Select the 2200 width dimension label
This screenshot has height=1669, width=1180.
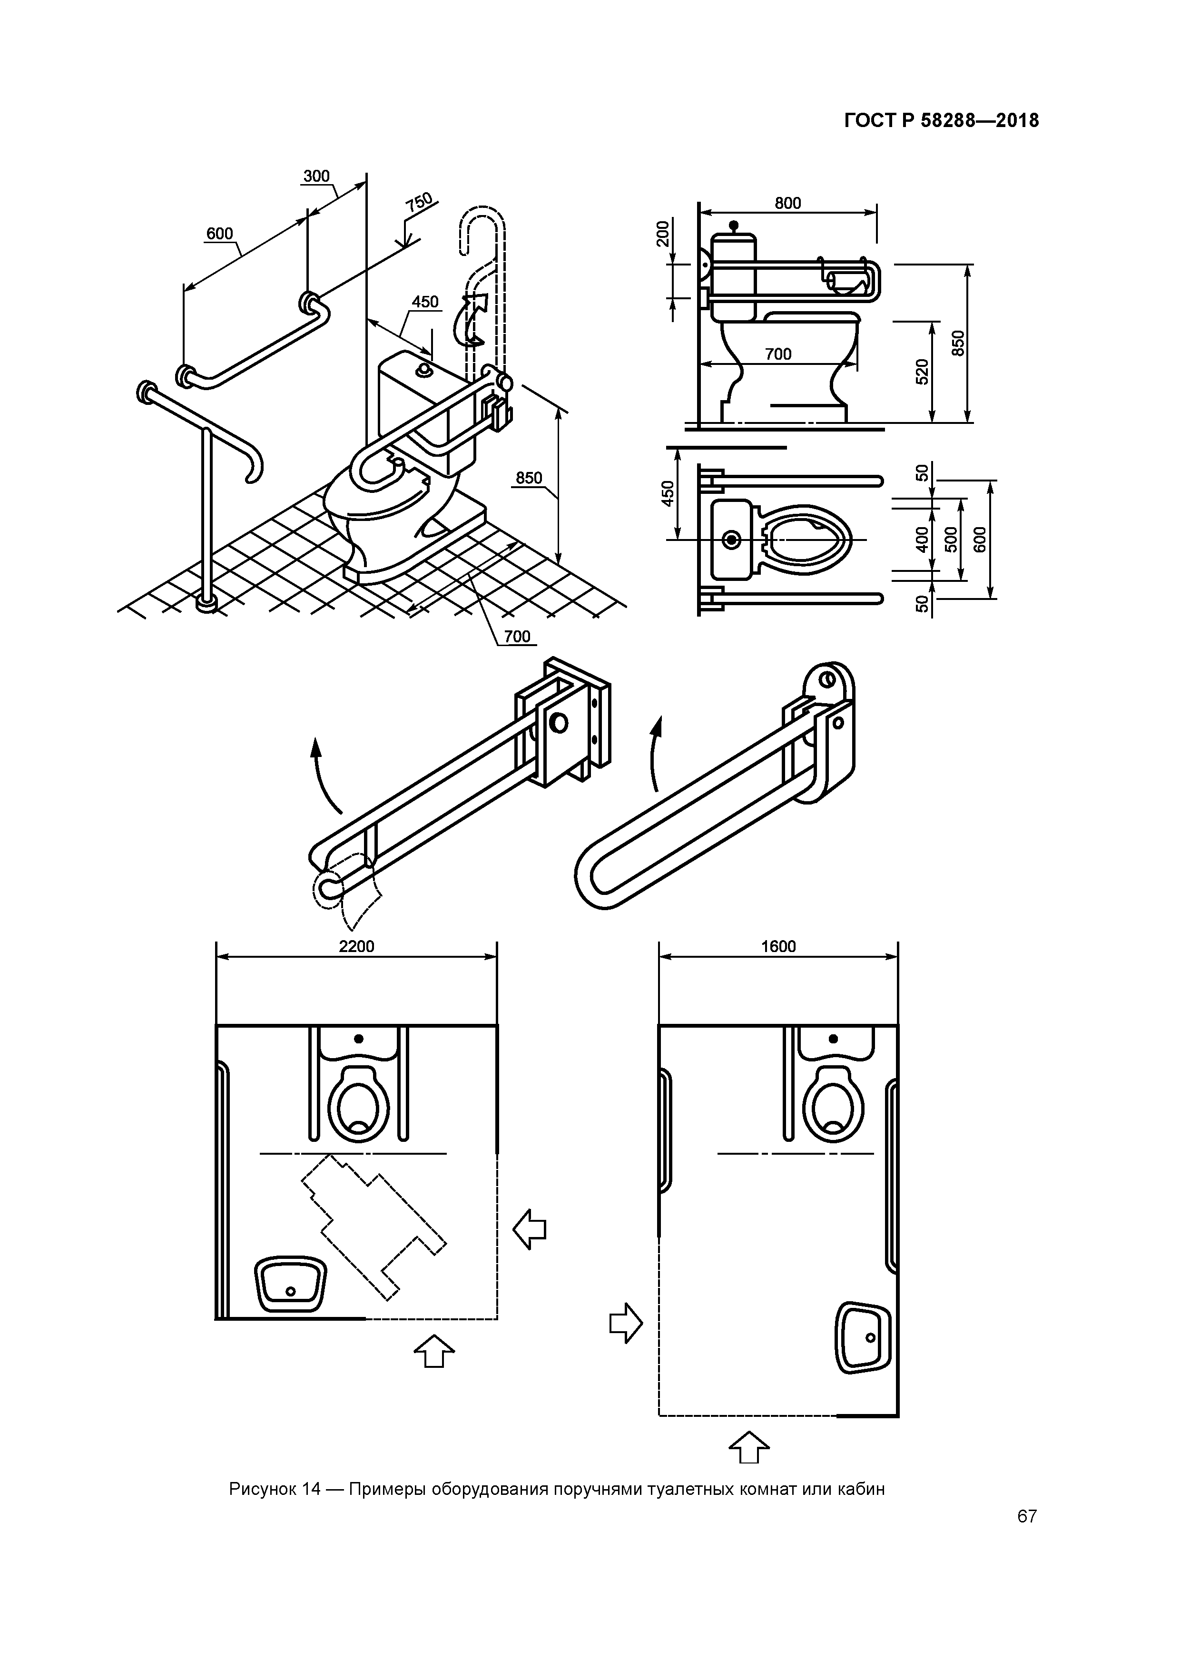[x=356, y=946]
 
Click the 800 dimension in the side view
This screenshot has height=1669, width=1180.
[x=787, y=203]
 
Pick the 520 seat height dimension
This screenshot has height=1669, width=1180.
[x=922, y=372]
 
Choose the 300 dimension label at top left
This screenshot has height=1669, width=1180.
[x=316, y=176]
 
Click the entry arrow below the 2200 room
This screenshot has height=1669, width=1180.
[x=434, y=1351]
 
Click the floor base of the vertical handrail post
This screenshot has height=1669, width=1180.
[x=207, y=603]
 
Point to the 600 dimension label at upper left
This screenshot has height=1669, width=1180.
[x=219, y=233]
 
